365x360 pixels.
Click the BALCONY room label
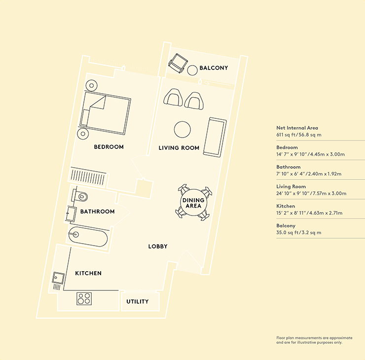click(214, 68)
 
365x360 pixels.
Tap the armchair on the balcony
click(178, 63)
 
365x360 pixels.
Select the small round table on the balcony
click(192, 71)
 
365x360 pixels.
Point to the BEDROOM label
click(109, 147)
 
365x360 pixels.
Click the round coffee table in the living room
click(182, 130)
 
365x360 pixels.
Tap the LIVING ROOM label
click(179, 148)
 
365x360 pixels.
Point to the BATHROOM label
click(97, 212)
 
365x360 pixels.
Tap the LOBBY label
click(158, 246)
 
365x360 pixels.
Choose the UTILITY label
click(137, 301)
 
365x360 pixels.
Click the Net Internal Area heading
click(297, 128)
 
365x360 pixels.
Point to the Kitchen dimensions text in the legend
click(309, 213)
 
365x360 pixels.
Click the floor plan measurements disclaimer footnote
click(314, 340)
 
